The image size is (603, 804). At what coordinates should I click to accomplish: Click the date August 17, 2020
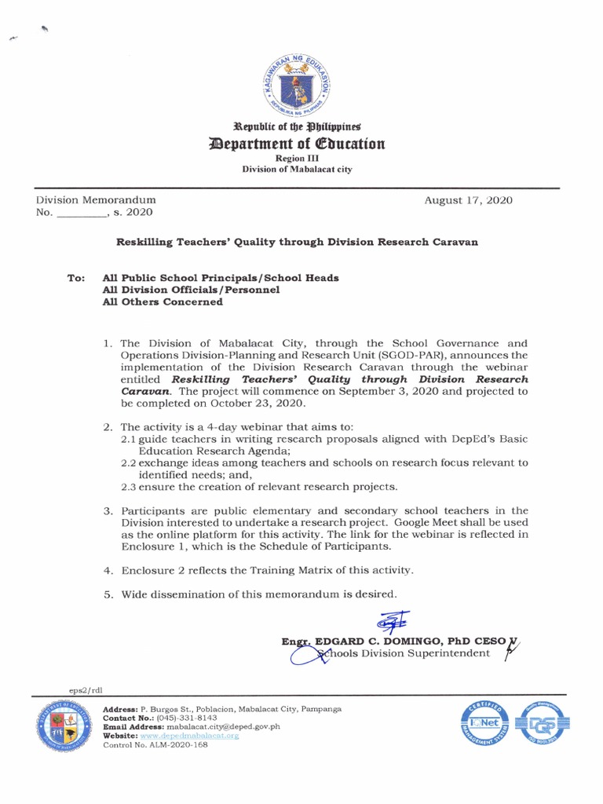tap(468, 200)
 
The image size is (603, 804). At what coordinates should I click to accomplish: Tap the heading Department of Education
tap(297, 144)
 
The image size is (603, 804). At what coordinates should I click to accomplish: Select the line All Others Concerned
tap(163, 301)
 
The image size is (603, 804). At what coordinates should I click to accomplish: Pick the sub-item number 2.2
tap(129, 463)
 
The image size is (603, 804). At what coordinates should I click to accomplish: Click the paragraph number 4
tap(108, 570)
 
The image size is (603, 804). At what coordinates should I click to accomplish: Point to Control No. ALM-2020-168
tap(155, 744)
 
